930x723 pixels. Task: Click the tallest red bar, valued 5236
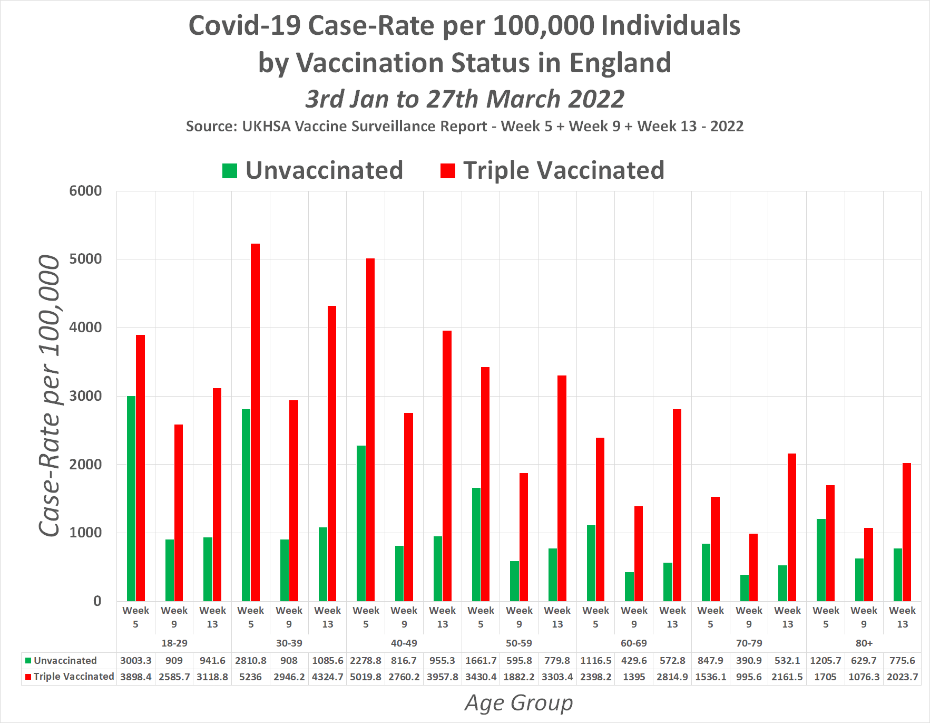[255, 422]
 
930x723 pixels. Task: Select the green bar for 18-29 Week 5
[131, 498]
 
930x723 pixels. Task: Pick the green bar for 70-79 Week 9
[744, 587]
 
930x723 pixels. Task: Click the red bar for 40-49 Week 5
[370, 429]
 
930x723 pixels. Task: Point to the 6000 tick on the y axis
[85, 191]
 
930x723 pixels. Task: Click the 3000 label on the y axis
[85, 396]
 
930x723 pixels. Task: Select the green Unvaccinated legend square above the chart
[230, 171]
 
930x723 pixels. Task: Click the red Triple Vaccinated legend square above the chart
[447, 171]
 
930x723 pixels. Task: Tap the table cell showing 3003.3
[135, 660]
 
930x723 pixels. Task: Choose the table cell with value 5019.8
[366, 677]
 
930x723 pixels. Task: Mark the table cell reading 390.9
[749, 660]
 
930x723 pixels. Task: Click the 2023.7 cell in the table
[902, 677]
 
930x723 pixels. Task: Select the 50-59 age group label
[518, 643]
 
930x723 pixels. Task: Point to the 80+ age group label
[864, 643]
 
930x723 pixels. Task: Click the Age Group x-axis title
[518, 703]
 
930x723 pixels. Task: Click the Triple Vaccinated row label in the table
[73, 677]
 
